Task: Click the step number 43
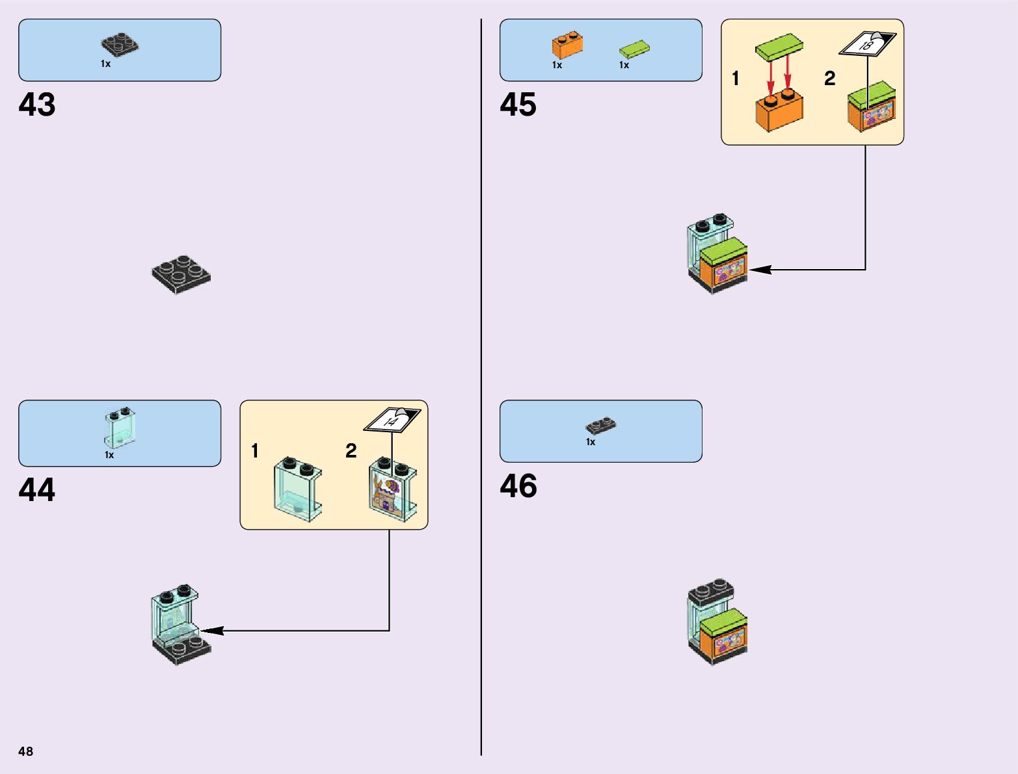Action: pyautogui.click(x=37, y=105)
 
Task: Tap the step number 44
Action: pyautogui.click(x=37, y=490)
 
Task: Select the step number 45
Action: pyautogui.click(x=518, y=105)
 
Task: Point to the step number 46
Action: pyautogui.click(x=518, y=486)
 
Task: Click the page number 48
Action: pyautogui.click(x=25, y=751)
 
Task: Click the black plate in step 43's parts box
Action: pyautogui.click(x=120, y=44)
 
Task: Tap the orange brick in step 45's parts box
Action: pyautogui.click(x=567, y=45)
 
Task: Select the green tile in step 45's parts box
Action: pyautogui.click(x=634, y=49)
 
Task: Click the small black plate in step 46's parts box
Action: pyautogui.click(x=601, y=426)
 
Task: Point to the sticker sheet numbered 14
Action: pyautogui.click(x=392, y=420)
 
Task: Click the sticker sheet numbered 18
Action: pyautogui.click(x=867, y=44)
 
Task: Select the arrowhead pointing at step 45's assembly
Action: pyautogui.click(x=759, y=269)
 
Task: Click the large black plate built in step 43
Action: pyautogui.click(x=181, y=274)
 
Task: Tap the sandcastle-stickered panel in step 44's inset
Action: pyautogui.click(x=393, y=491)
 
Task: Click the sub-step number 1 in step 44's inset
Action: pyautogui.click(x=255, y=450)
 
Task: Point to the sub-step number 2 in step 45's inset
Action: pyautogui.click(x=829, y=79)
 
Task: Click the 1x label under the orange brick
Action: pyautogui.click(x=557, y=65)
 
